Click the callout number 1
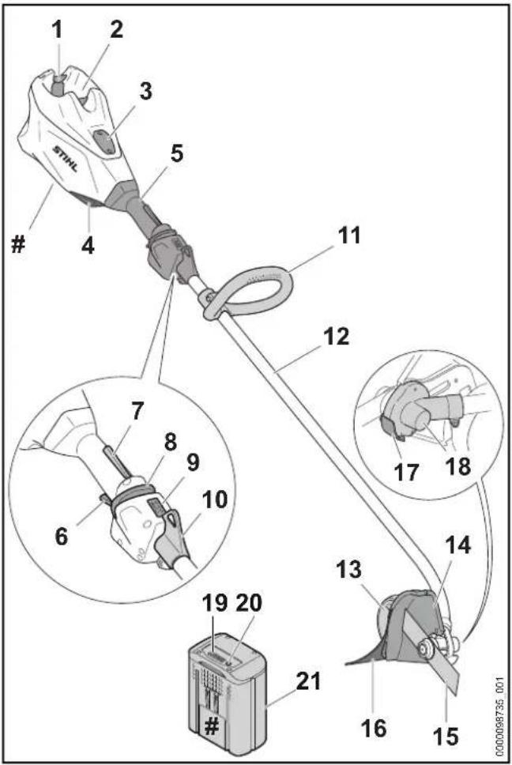click(58, 29)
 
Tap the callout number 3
click(145, 91)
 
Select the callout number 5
click(176, 153)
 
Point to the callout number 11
click(348, 235)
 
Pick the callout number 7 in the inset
click(137, 411)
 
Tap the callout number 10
click(215, 499)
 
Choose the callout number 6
click(62, 537)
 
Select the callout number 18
click(457, 466)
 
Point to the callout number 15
click(446, 736)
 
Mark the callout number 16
click(374, 728)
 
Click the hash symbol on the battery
click(211, 727)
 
